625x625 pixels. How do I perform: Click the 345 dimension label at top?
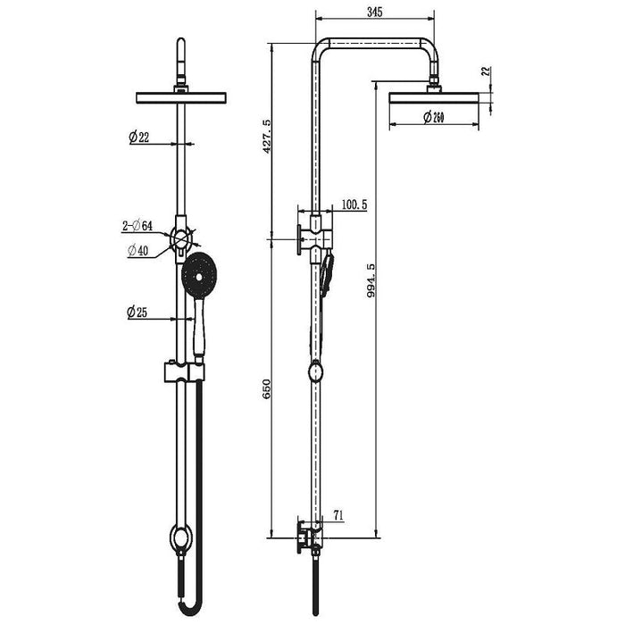click(x=374, y=12)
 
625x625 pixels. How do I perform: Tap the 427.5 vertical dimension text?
click(x=266, y=136)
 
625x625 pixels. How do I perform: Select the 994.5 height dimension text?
click(x=371, y=280)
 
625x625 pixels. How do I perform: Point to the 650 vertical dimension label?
click(x=266, y=388)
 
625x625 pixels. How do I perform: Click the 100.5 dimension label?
click(x=354, y=204)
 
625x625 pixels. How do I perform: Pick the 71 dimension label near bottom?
click(x=338, y=516)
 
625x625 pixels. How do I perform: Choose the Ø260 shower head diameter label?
click(x=434, y=117)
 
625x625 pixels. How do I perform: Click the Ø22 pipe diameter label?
click(x=139, y=137)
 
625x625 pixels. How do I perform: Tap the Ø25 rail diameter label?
click(x=137, y=312)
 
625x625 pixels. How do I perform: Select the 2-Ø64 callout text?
click(x=137, y=226)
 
